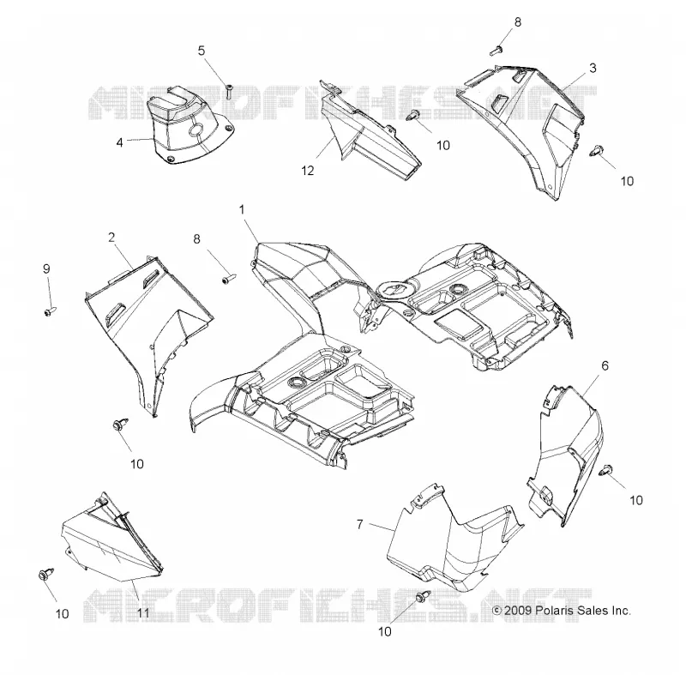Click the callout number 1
242,210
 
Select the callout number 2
111,238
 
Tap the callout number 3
593,69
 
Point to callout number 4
119,142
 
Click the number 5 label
202,51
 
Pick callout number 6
605,365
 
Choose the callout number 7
359,524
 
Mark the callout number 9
47,269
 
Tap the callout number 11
143,613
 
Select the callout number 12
308,171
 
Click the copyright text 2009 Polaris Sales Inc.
562,611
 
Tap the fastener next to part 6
606,470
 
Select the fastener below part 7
423,596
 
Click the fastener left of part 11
46,574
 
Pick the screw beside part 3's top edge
496,51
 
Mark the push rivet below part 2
120,424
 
